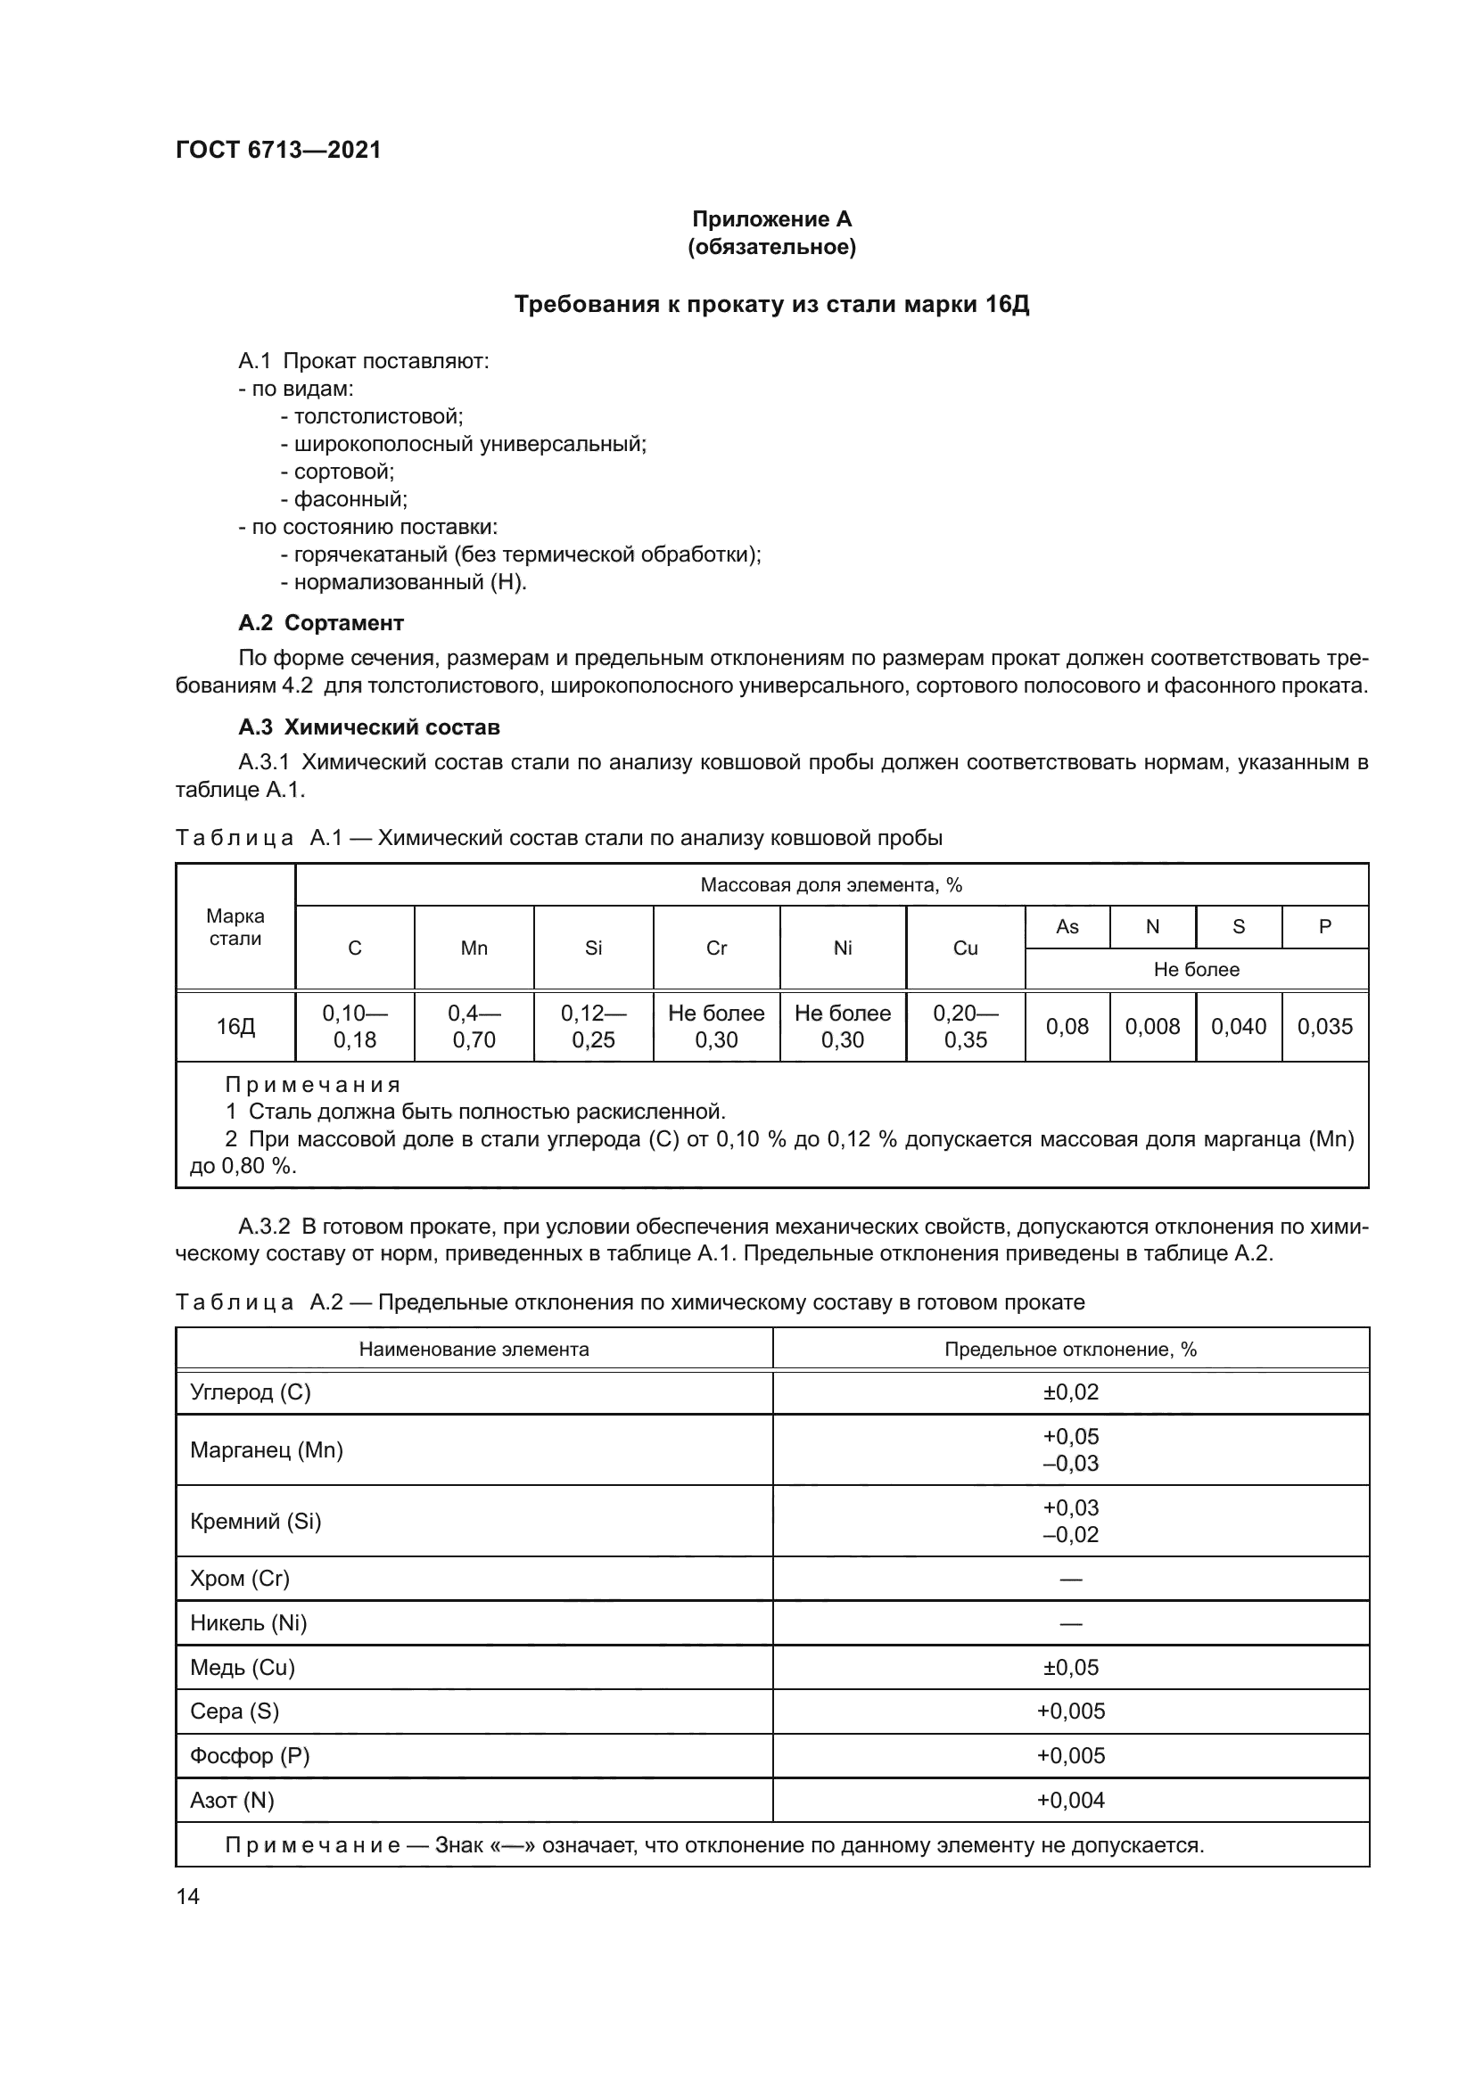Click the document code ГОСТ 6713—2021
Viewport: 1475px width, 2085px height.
coord(278,150)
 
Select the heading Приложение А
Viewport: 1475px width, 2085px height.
coord(771,219)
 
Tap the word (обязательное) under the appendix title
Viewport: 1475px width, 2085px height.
coord(771,247)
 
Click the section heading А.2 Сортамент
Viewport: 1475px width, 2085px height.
coord(321,623)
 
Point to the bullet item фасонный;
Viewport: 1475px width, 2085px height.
coord(344,498)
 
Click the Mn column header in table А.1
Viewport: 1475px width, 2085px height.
coord(474,948)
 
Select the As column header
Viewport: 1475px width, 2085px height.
coord(1067,926)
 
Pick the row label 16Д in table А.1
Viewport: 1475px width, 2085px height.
coord(235,1027)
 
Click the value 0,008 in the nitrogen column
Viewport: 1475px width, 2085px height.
coord(1152,1027)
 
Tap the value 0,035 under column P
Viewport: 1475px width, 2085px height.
coord(1324,1027)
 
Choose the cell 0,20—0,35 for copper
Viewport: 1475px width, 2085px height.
coord(966,1027)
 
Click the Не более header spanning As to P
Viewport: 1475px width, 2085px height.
coord(1196,969)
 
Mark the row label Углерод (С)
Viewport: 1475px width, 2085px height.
coord(251,1392)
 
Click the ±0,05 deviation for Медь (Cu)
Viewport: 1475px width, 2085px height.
coord(1071,1667)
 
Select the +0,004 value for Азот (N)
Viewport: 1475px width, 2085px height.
coord(1071,1800)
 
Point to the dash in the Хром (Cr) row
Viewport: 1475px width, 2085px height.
coord(1071,1580)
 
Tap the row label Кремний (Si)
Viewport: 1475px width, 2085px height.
coord(256,1521)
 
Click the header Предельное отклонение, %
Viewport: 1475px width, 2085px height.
coord(1071,1350)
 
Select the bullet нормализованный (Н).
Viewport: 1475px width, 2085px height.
coord(404,582)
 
